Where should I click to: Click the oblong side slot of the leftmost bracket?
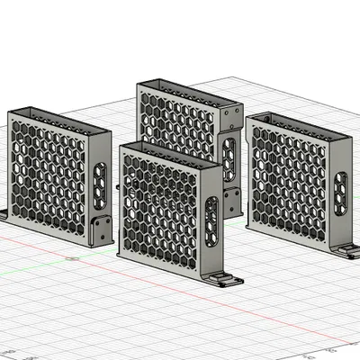(100, 181)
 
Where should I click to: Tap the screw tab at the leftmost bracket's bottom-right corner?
(101, 227)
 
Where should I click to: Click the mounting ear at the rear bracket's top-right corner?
(233, 113)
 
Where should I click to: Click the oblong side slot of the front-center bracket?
(211, 220)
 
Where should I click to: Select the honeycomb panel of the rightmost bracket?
(288, 184)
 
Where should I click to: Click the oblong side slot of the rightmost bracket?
(340, 193)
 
